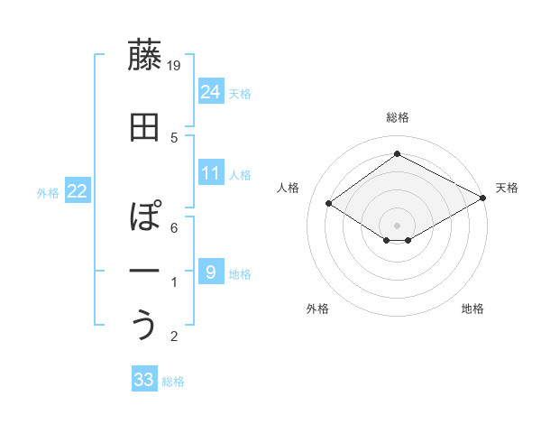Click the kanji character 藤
click(144, 57)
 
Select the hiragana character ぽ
click(144, 217)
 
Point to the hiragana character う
click(144, 325)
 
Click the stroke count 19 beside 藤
click(175, 65)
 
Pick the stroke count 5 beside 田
click(174, 137)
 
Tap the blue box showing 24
click(211, 91)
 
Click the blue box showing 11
click(211, 173)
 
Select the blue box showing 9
click(211, 272)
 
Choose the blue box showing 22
click(78, 190)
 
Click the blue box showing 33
click(144, 380)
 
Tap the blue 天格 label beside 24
click(240, 93)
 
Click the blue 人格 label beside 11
click(240, 175)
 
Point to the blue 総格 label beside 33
click(173, 382)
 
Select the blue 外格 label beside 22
click(48, 192)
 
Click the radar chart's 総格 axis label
click(397, 117)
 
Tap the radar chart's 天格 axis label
click(507, 188)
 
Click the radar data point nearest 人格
click(329, 204)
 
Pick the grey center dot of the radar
click(397, 224)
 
